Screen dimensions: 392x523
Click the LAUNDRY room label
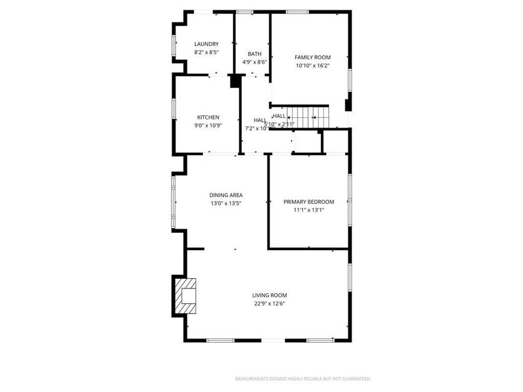point(206,44)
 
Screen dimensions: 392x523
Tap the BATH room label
point(255,54)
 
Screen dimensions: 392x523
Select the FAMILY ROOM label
point(313,57)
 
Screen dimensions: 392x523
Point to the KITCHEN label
point(208,117)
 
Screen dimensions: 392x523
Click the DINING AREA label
point(226,195)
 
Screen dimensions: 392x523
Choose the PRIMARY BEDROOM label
point(309,202)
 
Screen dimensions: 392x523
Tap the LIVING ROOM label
point(269,295)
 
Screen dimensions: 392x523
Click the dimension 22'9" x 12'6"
point(268,303)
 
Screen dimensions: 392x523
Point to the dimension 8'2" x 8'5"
point(206,52)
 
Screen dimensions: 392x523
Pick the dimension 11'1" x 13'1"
point(309,210)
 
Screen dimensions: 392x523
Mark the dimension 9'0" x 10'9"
point(208,125)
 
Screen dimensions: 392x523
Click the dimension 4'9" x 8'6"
point(255,62)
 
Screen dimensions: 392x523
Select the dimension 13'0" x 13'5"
point(226,203)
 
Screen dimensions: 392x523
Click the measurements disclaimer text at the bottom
point(302,379)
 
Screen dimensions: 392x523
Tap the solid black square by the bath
point(235,81)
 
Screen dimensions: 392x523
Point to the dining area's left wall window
point(173,202)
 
